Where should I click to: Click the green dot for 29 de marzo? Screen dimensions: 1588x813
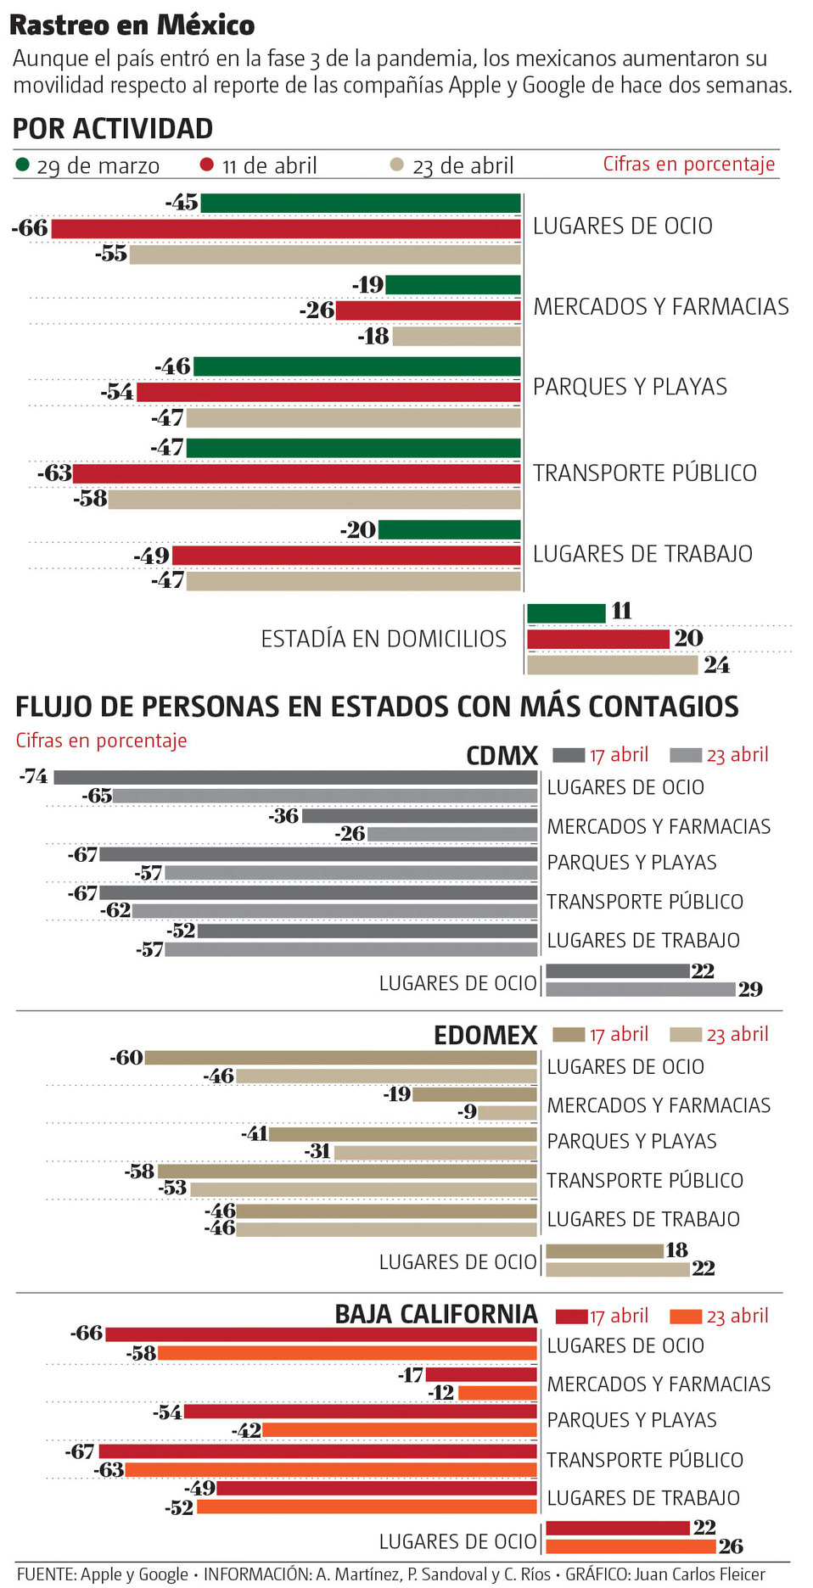point(23,165)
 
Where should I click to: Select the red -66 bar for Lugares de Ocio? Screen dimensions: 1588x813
point(285,229)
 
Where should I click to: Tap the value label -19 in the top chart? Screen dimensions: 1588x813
point(368,285)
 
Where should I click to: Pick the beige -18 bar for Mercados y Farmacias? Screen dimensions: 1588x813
point(457,337)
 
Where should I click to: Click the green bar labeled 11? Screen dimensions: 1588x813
point(566,612)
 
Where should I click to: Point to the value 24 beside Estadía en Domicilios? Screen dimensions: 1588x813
point(716,665)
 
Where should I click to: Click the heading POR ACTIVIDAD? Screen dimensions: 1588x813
point(113,129)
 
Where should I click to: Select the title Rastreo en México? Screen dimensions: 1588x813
point(132,25)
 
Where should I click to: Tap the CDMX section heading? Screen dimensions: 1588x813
point(502,756)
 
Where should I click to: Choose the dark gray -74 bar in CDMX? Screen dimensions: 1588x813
point(295,777)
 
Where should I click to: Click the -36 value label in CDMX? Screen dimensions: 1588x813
point(284,816)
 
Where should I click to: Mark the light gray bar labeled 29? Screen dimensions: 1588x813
point(640,989)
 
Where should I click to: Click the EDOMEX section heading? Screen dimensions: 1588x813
point(485,1035)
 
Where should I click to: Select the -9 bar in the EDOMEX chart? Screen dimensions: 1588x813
point(507,1112)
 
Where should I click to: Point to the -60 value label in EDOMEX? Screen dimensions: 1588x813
point(126,1058)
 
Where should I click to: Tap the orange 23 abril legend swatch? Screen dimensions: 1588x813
point(686,1317)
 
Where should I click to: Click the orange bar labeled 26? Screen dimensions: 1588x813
point(631,1546)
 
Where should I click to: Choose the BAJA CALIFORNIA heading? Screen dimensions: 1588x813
point(436,1314)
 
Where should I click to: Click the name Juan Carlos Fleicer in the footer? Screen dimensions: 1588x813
point(700,1574)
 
